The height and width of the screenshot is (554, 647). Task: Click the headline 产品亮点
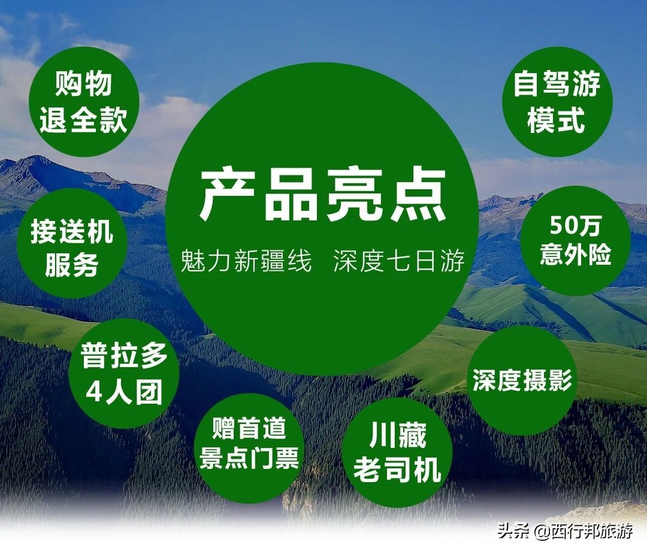tap(323, 195)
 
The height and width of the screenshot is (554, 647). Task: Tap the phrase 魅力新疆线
tap(246, 262)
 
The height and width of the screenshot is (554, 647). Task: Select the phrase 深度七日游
tap(399, 262)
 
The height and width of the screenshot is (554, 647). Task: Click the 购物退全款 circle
tap(84, 102)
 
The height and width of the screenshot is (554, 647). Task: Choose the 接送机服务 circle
tap(72, 248)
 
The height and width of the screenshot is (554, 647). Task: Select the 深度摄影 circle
tap(522, 381)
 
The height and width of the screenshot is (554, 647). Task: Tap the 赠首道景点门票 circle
tap(249, 446)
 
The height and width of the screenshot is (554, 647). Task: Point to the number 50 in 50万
tap(561, 227)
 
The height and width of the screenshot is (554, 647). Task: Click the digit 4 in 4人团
tap(95, 393)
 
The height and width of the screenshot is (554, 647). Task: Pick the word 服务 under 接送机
tap(72, 265)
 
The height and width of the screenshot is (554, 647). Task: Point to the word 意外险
tap(575, 255)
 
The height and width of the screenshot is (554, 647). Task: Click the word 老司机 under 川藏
tap(397, 471)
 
